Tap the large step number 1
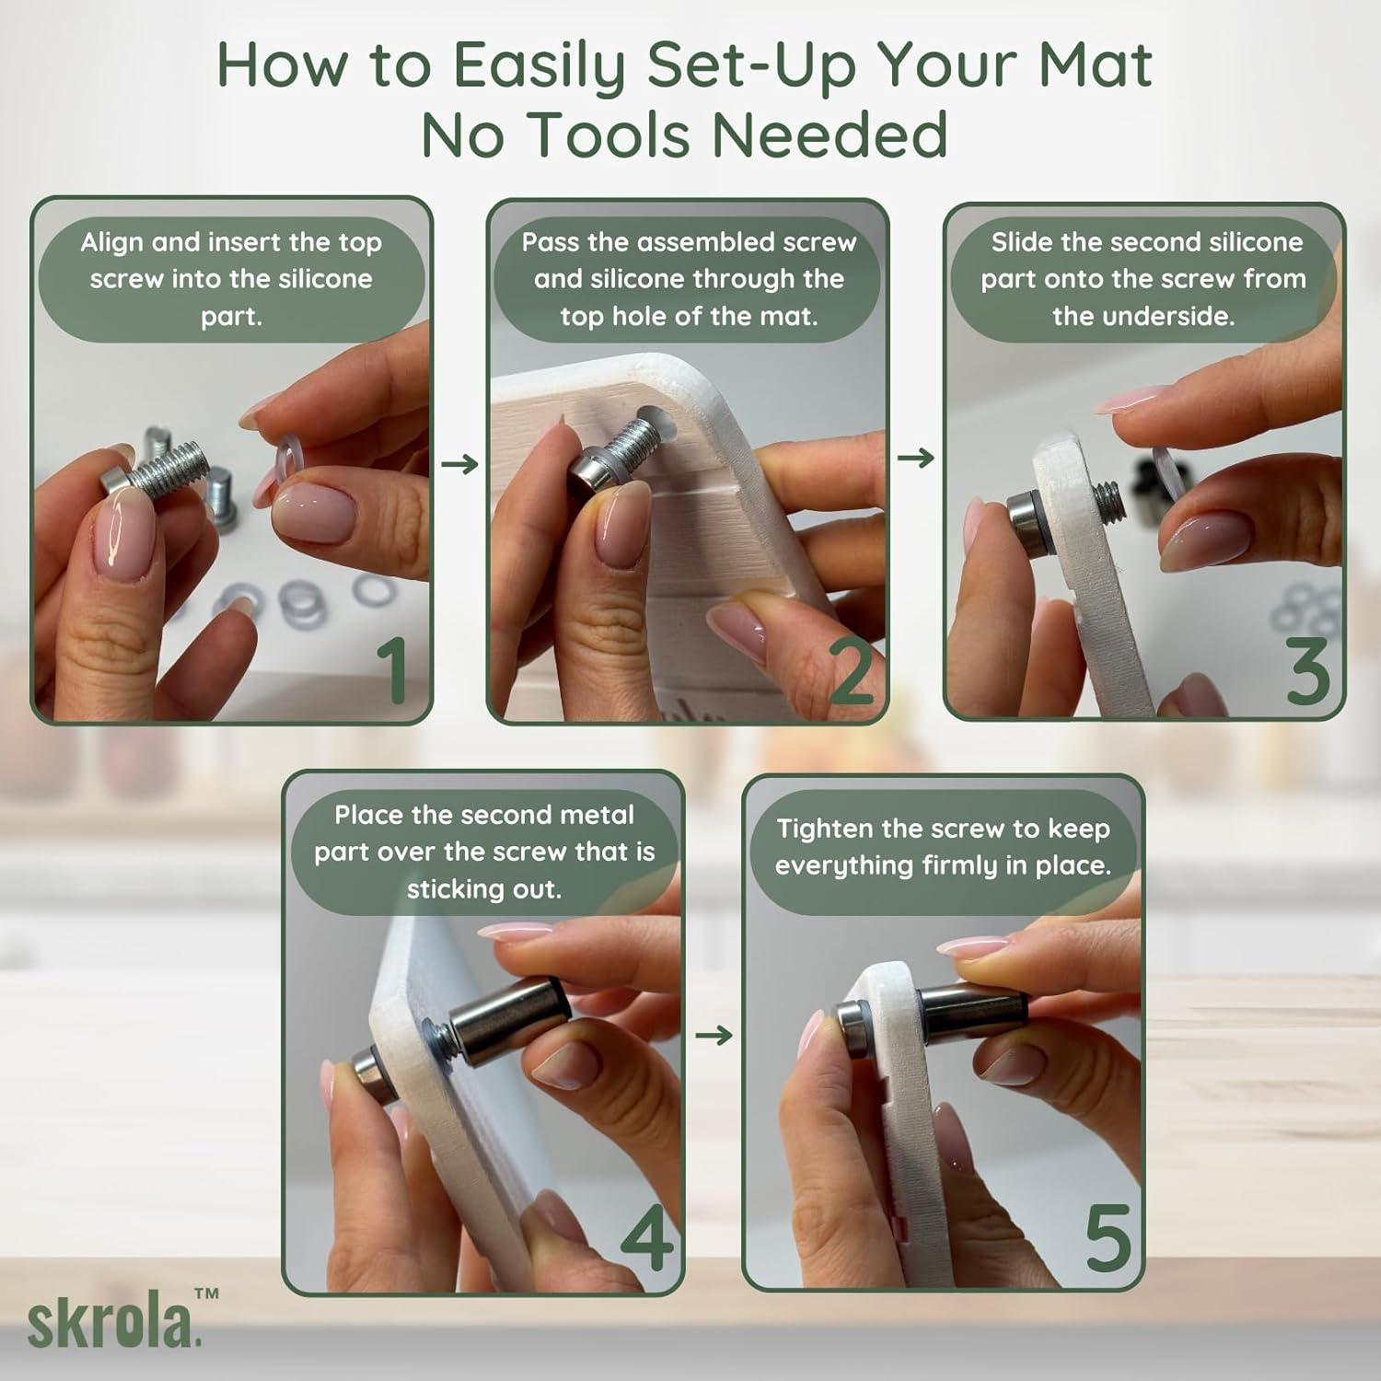[393, 670]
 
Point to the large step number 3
[1307, 671]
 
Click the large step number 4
[646, 1237]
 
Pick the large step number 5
[1108, 1238]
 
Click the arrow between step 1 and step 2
[459, 463]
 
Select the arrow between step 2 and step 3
[916, 458]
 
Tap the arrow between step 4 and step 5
[714, 1036]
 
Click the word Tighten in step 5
[824, 829]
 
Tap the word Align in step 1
[111, 243]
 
